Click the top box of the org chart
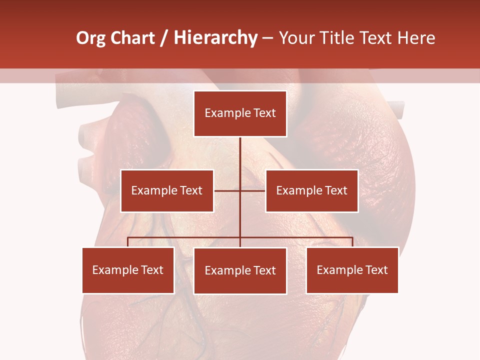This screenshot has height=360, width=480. pyautogui.click(x=240, y=113)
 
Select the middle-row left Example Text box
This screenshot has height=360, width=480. pyautogui.click(x=167, y=190)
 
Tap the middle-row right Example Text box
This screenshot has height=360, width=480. pyautogui.click(x=311, y=190)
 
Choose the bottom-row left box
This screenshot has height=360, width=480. pyautogui.click(x=128, y=270)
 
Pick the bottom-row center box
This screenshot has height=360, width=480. pyautogui.click(x=240, y=270)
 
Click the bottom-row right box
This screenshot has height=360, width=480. pyautogui.click(x=352, y=270)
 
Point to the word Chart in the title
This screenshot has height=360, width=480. pyautogui.click(x=132, y=38)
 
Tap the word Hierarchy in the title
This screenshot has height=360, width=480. pyautogui.click(x=215, y=38)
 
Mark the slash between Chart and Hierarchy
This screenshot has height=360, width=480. pyautogui.click(x=164, y=38)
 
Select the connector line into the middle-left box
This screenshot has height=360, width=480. pyautogui.click(x=227, y=190)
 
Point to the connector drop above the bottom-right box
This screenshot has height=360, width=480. pyautogui.click(x=352, y=242)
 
